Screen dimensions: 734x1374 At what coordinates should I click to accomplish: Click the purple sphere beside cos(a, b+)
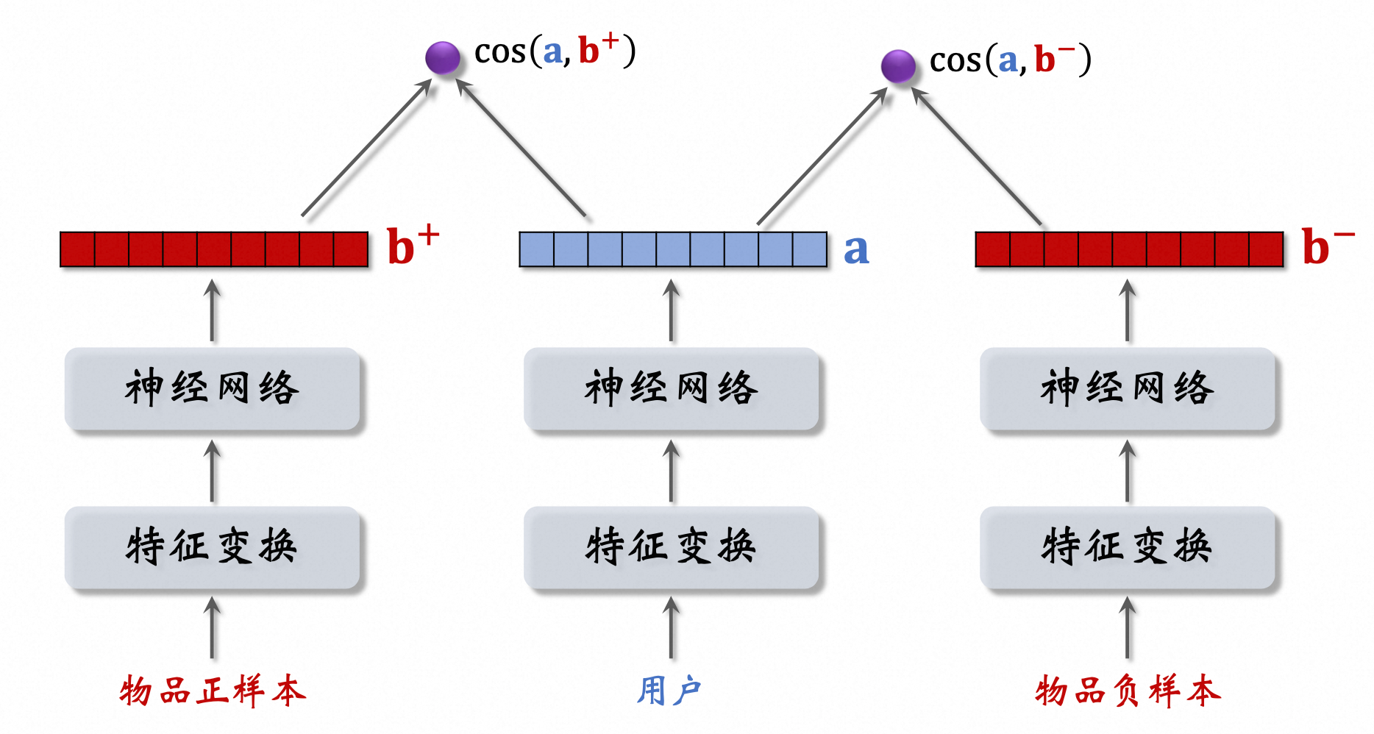coord(443,57)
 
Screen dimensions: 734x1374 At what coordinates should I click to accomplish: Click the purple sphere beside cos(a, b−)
coord(898,66)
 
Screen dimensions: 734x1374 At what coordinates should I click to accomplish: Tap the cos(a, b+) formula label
coord(555,51)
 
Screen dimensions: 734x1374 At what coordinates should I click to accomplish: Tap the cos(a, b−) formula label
coord(1010,60)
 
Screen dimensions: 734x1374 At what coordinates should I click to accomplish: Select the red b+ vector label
coord(412,246)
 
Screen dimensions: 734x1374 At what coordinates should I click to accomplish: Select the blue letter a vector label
coord(856,249)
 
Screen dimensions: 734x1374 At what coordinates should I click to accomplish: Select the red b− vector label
coord(1327,246)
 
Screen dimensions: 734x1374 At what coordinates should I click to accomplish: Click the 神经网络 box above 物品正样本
coord(213,388)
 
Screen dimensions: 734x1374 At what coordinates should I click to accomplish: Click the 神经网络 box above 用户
coord(671,388)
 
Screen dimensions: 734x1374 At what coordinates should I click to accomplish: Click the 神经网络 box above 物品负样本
coord(1127,388)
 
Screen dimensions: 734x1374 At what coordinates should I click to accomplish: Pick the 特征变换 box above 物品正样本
coord(213,547)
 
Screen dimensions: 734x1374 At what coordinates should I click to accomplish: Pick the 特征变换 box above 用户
coord(671,547)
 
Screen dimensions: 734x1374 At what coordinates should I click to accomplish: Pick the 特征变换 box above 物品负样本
coord(1127,547)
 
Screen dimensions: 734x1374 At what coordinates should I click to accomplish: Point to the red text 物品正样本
coord(213,691)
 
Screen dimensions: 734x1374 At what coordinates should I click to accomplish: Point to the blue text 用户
coord(669,691)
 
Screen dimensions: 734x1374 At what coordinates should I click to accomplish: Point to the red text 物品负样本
coord(1127,691)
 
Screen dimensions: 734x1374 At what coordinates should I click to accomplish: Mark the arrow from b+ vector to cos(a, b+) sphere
coord(366,148)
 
